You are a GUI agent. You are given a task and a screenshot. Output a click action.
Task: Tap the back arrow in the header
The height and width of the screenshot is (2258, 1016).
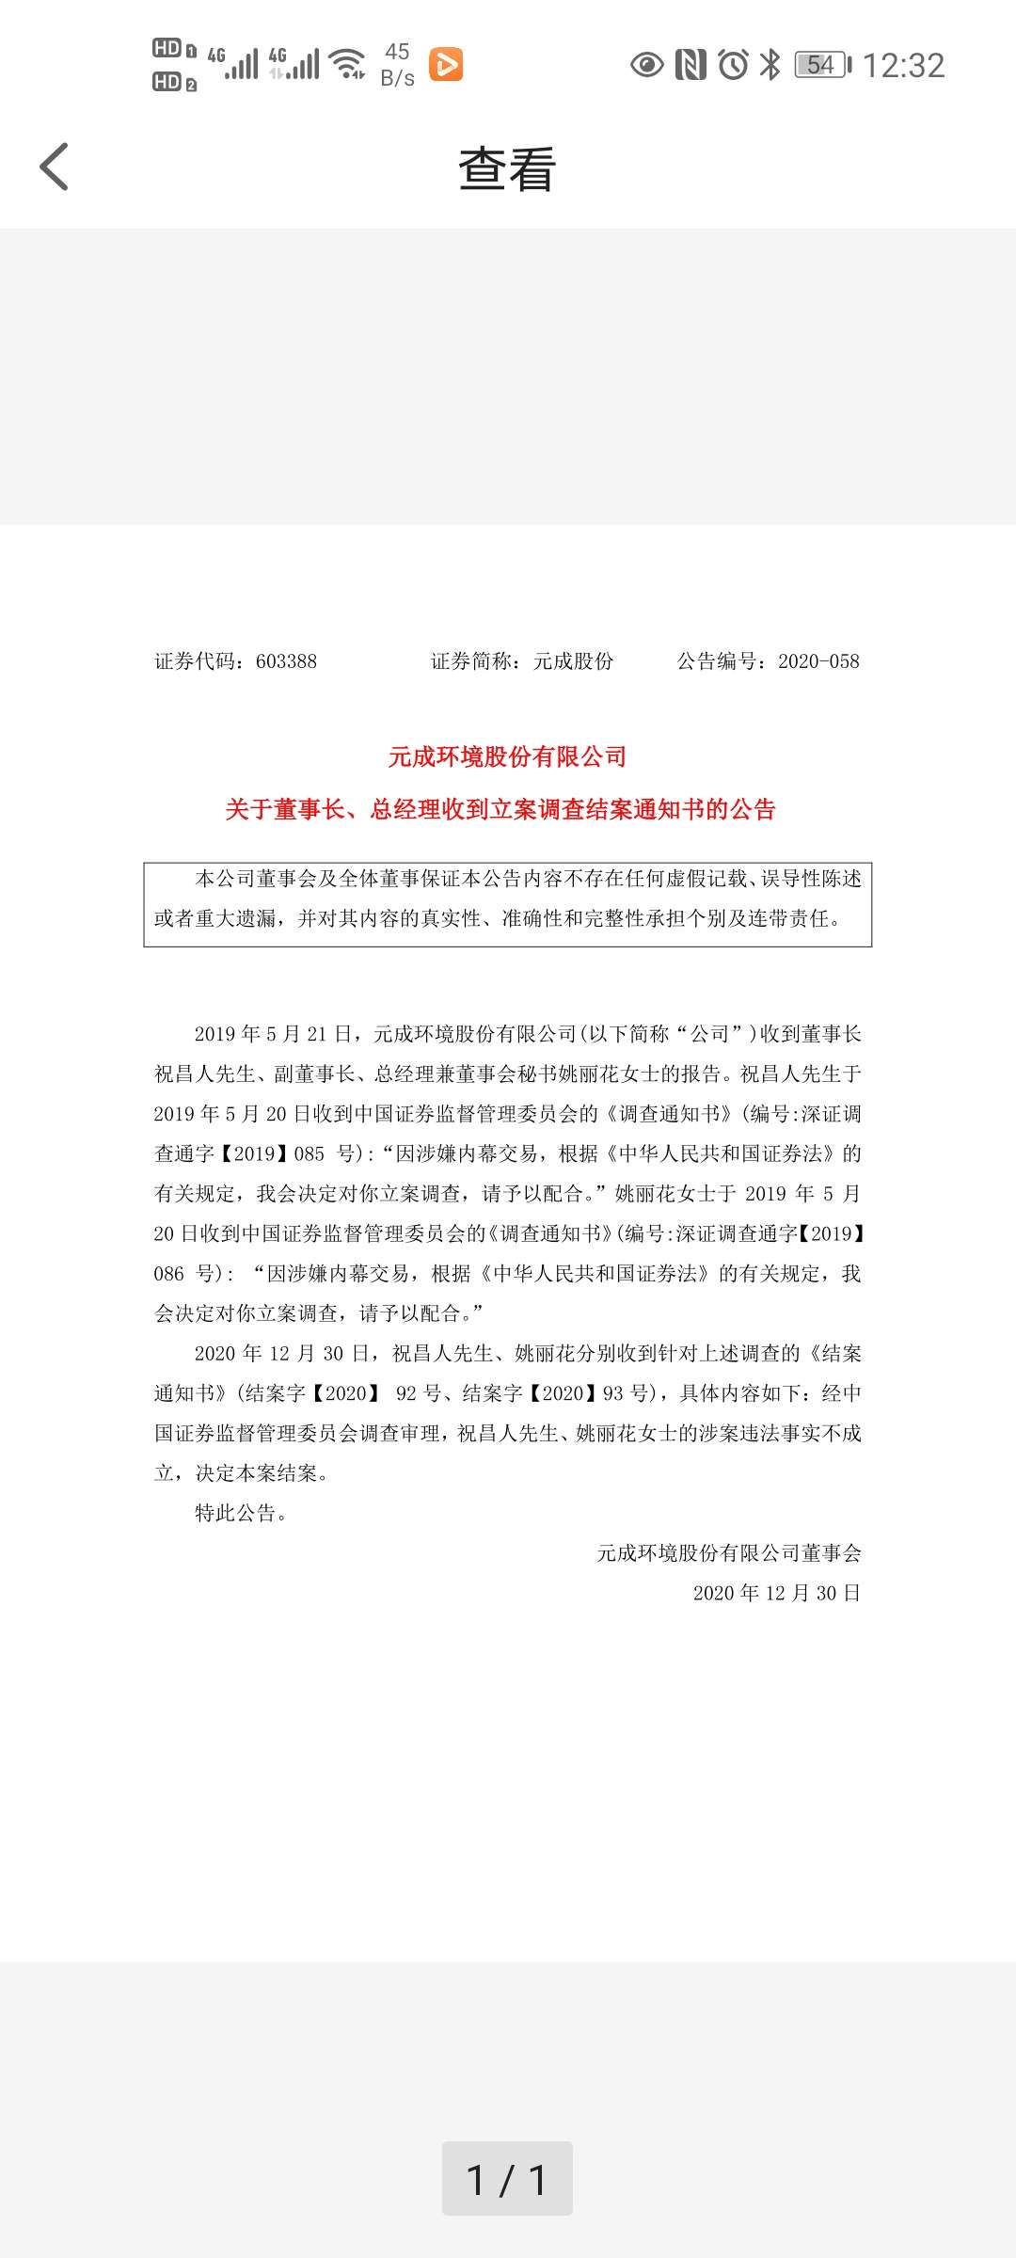point(55,167)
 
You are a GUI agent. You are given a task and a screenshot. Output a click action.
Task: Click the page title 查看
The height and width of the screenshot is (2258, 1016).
point(507,170)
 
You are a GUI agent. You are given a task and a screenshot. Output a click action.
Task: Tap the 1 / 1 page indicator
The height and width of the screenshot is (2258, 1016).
point(507,2179)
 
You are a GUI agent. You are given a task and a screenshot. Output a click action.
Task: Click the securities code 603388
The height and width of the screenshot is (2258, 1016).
point(286,661)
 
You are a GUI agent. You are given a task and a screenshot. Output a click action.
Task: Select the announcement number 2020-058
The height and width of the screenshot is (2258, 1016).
point(818,661)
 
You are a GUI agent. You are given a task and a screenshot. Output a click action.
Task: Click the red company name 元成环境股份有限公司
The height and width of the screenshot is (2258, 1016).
point(507,756)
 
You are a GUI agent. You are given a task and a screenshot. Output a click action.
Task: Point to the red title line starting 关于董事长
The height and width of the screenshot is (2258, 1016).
point(500,809)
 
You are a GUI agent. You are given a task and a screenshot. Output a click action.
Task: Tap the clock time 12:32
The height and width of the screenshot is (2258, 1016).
point(903,65)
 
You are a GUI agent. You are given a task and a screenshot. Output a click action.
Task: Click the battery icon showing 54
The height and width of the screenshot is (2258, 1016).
point(822,64)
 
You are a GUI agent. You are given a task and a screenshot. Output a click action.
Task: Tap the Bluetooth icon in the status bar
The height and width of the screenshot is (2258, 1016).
point(770,64)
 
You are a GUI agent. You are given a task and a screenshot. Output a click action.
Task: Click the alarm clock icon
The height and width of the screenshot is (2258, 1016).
point(733,64)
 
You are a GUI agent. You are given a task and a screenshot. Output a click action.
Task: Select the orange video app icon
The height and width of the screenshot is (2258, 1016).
point(446,64)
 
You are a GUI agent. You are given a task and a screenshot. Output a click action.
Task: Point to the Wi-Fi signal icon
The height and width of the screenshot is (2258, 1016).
point(349,63)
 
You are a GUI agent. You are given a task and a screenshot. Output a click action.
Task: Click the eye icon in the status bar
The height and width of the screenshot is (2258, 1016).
point(646,64)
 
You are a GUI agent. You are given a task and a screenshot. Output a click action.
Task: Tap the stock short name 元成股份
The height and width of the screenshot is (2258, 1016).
point(573,661)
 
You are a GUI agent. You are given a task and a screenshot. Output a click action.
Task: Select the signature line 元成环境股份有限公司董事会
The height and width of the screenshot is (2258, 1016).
point(729,1553)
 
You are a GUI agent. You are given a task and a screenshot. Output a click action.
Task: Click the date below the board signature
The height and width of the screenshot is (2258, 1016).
point(776,1593)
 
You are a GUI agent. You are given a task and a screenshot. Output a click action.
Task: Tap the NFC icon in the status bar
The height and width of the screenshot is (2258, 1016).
point(691,64)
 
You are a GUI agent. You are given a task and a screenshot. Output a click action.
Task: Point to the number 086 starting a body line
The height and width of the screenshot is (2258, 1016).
point(169,1274)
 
